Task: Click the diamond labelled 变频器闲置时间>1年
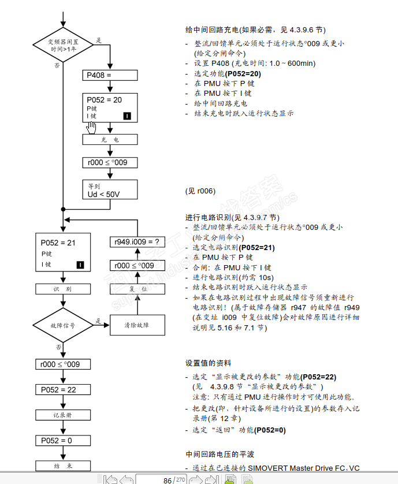63,45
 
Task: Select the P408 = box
110,75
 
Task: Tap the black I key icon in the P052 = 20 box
127,116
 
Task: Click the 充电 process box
110,140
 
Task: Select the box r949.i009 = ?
137,241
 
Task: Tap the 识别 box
62,288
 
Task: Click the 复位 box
137,288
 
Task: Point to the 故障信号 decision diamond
62,325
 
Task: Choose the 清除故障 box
137,325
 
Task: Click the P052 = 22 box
62,390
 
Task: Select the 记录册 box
62,415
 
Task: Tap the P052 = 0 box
62,441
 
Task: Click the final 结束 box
62,466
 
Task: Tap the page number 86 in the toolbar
167,480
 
